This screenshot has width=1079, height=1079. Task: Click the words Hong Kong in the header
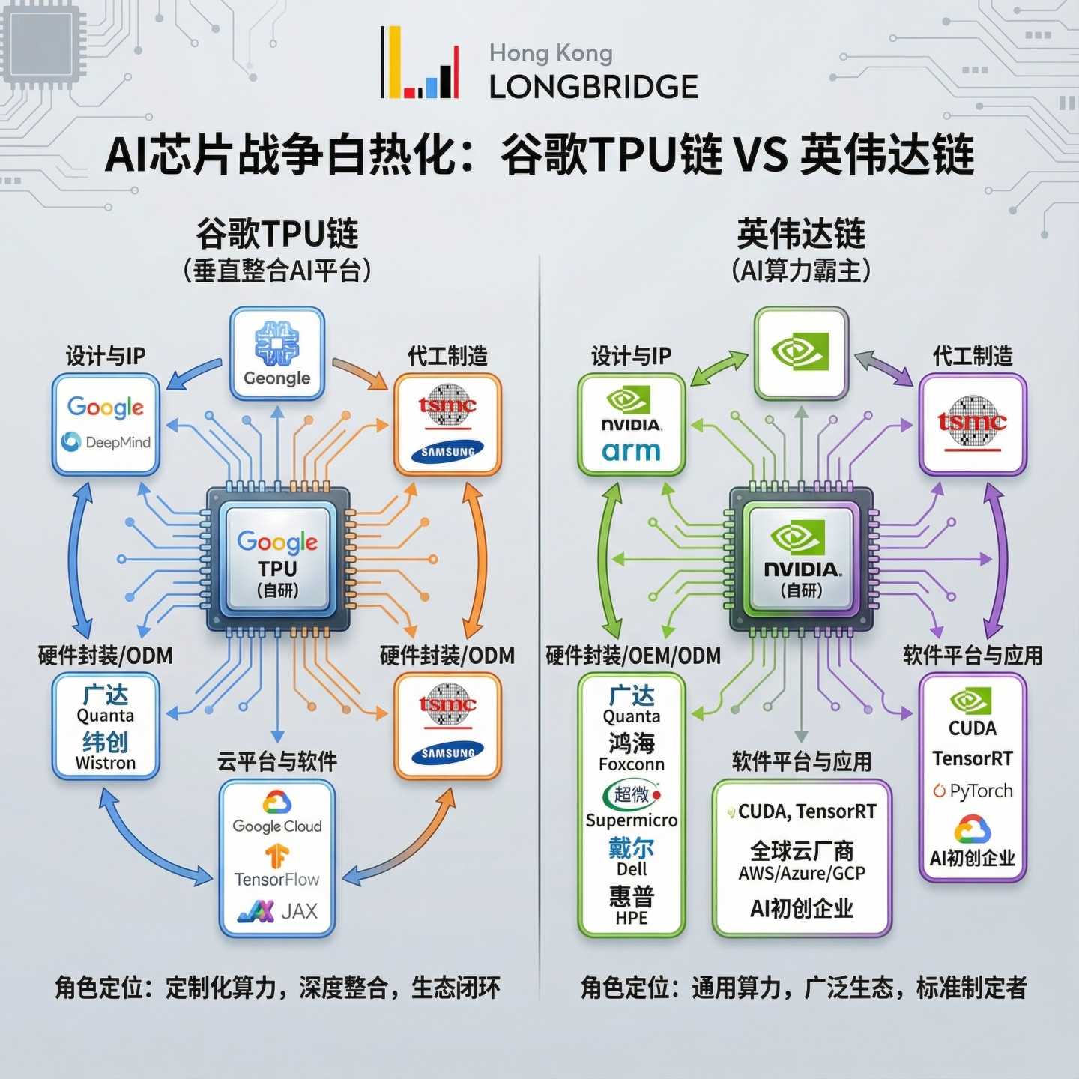[551, 53]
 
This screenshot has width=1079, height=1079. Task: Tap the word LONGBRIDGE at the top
[593, 87]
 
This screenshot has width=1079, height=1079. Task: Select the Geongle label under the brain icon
[276, 378]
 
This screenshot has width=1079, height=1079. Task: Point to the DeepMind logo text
[118, 442]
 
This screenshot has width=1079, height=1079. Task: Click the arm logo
[631, 451]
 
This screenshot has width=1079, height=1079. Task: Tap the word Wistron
[106, 763]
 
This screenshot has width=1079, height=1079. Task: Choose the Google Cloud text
[277, 826]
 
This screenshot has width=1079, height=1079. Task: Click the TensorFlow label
[276, 879]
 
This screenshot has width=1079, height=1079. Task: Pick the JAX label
[299, 911]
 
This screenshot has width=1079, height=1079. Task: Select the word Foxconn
[632, 764]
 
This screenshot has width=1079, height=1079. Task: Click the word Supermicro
[632, 820]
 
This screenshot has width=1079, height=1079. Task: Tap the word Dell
[632, 869]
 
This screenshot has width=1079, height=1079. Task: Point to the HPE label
[632, 918]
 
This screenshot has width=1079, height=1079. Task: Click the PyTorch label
[980, 791]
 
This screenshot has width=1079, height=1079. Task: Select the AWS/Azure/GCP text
[802, 874]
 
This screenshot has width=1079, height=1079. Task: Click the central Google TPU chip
[277, 559]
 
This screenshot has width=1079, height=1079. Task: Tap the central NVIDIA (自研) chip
[802, 559]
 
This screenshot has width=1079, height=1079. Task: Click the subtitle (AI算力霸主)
[801, 270]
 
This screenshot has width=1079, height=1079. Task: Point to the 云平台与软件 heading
[277, 761]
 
